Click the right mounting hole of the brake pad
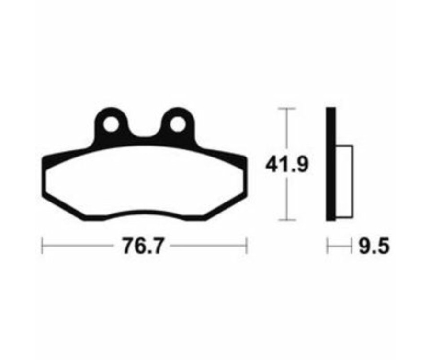(x=177, y=124)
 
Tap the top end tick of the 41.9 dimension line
(x=287, y=109)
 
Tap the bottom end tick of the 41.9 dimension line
(x=287, y=220)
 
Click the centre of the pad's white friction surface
(x=144, y=184)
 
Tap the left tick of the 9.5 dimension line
(x=328, y=247)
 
